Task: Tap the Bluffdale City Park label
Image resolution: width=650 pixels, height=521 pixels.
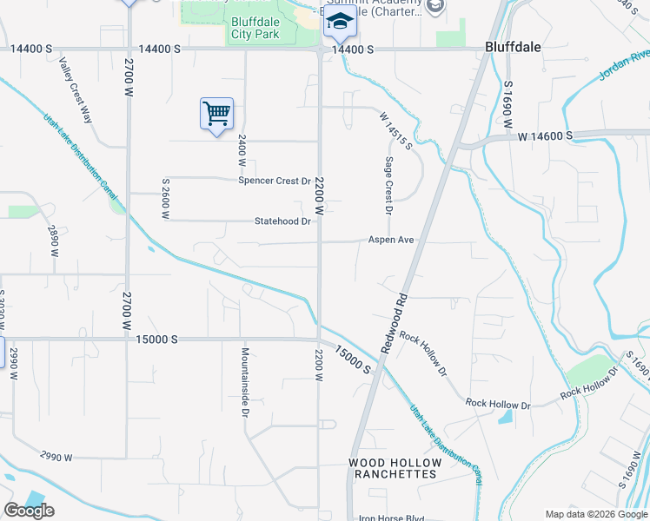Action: click(255, 29)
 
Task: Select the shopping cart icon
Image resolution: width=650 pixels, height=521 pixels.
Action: click(216, 113)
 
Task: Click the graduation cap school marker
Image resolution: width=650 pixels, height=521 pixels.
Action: click(340, 23)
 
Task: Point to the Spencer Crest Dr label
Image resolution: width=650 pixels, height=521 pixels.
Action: click(275, 181)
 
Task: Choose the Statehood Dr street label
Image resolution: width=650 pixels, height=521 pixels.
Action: click(282, 221)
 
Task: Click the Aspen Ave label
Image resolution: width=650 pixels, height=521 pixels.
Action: click(390, 240)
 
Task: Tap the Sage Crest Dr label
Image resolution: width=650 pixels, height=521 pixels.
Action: click(388, 186)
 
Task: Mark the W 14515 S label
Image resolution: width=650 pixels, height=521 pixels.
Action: click(395, 129)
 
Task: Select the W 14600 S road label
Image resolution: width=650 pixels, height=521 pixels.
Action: click(545, 136)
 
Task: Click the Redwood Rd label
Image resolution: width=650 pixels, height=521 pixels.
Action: click(394, 321)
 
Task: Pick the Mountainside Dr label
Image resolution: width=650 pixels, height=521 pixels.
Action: click(246, 382)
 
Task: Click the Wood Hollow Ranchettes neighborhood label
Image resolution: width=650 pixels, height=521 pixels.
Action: click(394, 468)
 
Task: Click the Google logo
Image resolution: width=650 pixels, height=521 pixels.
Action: click(29, 510)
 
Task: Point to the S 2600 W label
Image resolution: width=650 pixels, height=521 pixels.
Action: click(165, 199)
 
